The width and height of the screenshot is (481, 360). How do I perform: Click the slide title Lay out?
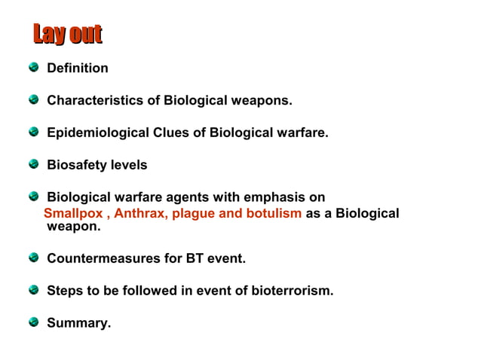pyautogui.click(x=67, y=34)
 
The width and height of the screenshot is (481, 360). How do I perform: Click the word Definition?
pyautogui.click(x=78, y=69)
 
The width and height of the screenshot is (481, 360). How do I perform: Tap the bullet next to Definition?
pyautogui.click(x=34, y=68)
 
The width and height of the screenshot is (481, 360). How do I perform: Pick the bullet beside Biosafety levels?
pyautogui.click(x=34, y=164)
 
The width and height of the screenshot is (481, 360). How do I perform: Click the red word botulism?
pyautogui.click(x=271, y=213)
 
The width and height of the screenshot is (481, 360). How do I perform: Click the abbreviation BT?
pyautogui.click(x=195, y=258)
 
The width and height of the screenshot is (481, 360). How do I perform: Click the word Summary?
pyautogui.click(x=78, y=323)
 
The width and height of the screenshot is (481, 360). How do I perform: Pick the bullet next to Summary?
pyautogui.click(x=34, y=322)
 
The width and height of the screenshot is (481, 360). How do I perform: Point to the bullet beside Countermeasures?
pyautogui.click(x=34, y=258)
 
